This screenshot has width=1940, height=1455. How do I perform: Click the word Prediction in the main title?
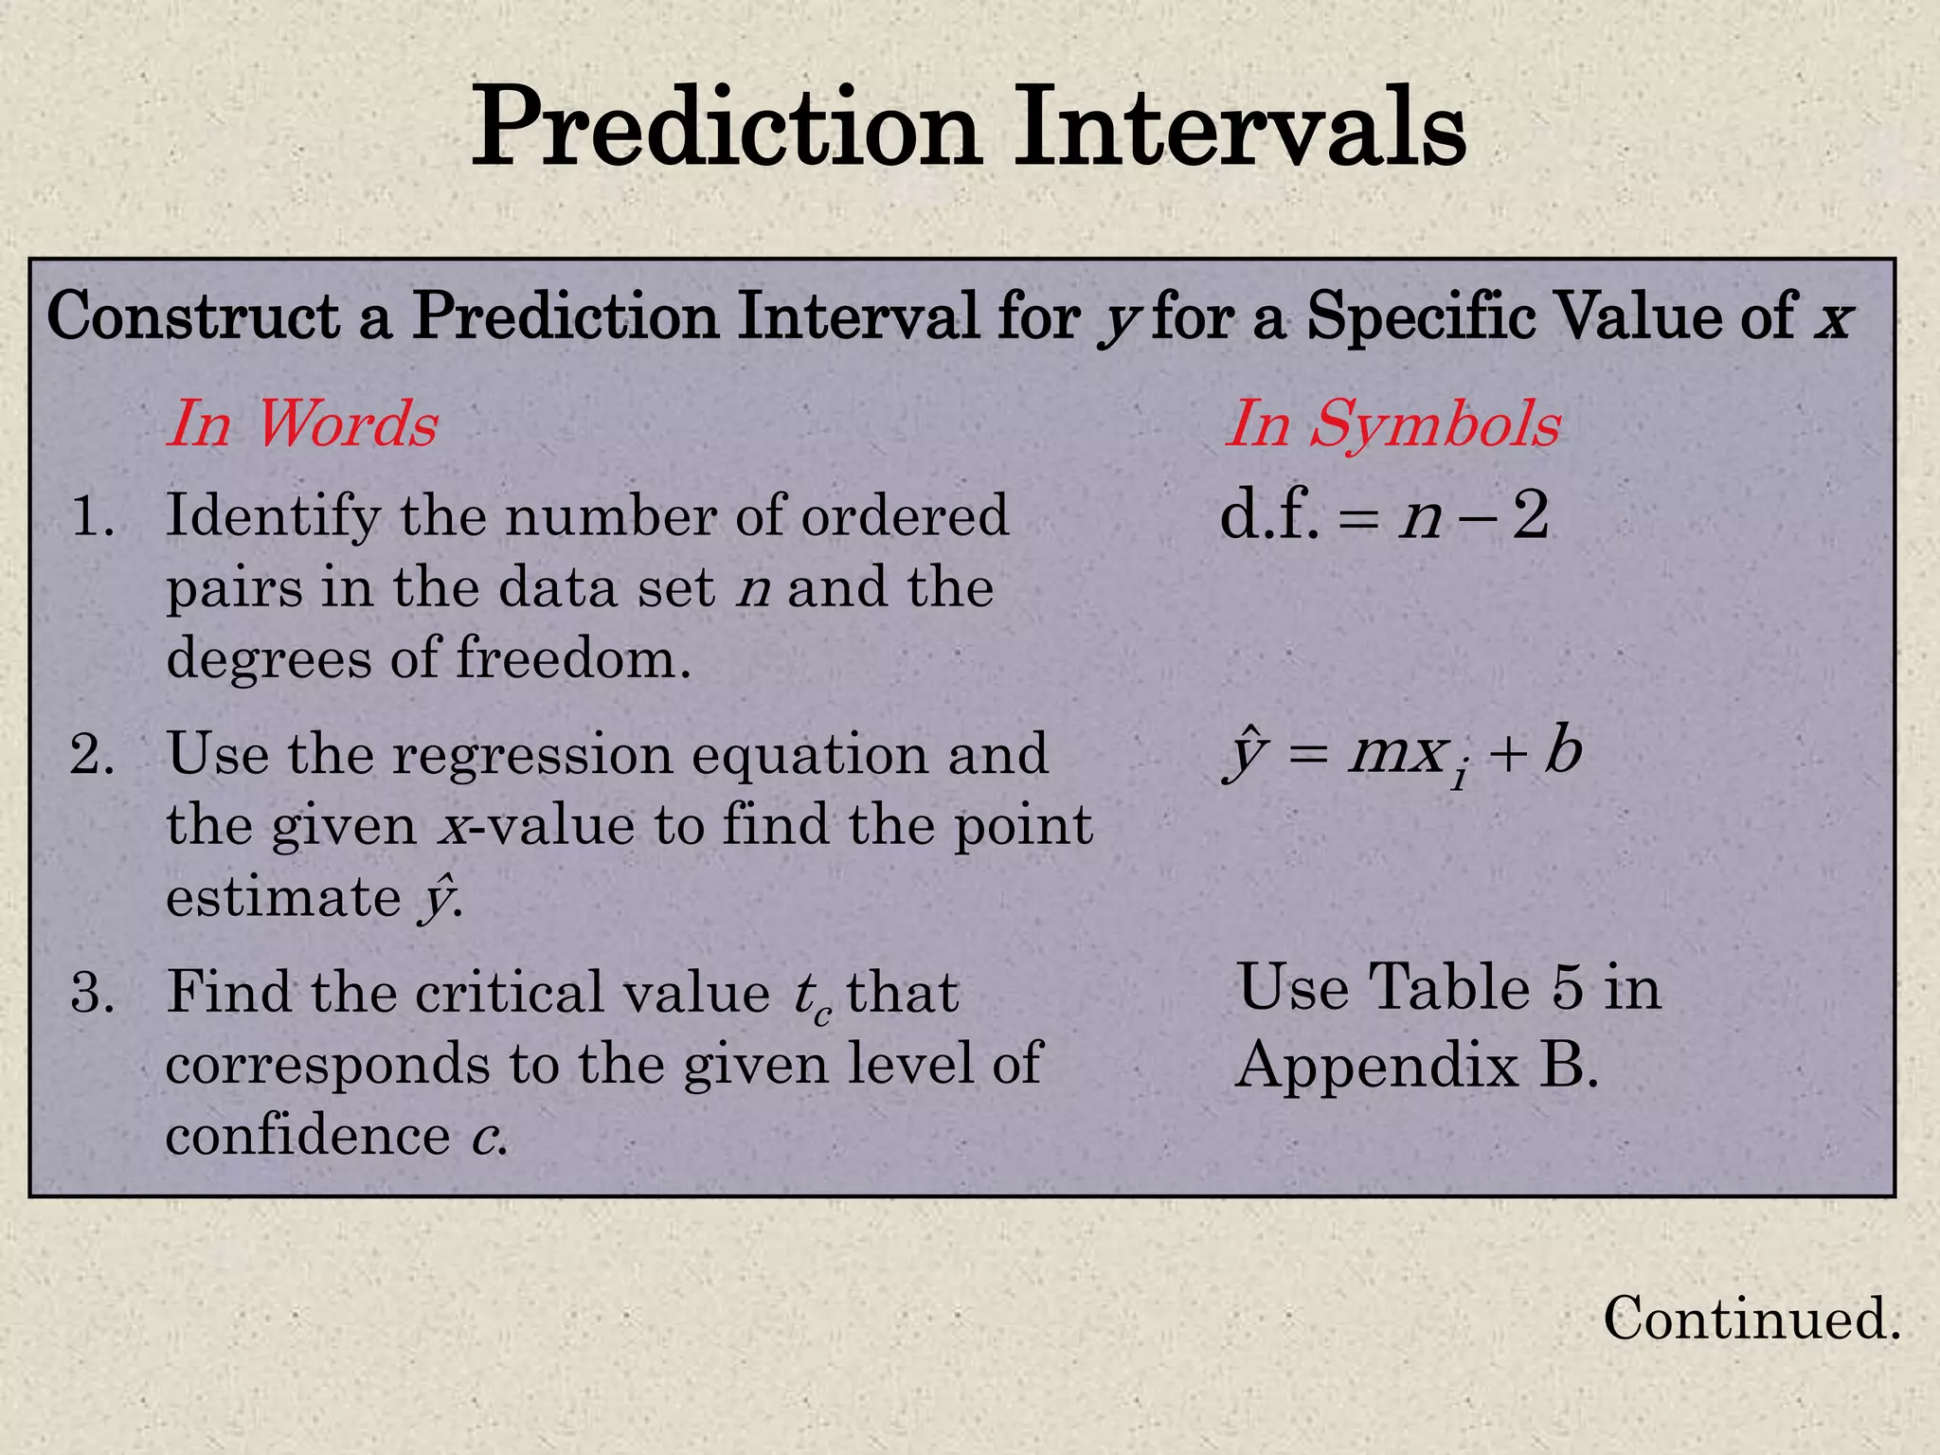(x=725, y=128)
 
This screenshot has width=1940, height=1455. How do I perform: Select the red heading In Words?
(x=302, y=423)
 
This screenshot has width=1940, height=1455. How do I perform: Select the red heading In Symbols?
(x=1392, y=423)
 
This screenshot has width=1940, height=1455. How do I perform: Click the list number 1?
(x=92, y=517)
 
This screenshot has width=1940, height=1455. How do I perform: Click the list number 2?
(x=92, y=755)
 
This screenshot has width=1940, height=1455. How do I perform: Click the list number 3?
(x=92, y=993)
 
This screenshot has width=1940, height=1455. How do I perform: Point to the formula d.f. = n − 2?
(x=1384, y=517)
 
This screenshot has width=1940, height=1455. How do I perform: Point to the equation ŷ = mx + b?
(x=1402, y=756)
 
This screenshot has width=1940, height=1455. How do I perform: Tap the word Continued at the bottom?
(x=1751, y=1318)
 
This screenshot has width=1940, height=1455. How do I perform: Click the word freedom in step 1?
(x=573, y=657)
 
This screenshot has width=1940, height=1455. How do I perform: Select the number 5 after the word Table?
(x=1567, y=988)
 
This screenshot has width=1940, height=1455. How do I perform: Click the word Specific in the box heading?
(x=1420, y=316)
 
